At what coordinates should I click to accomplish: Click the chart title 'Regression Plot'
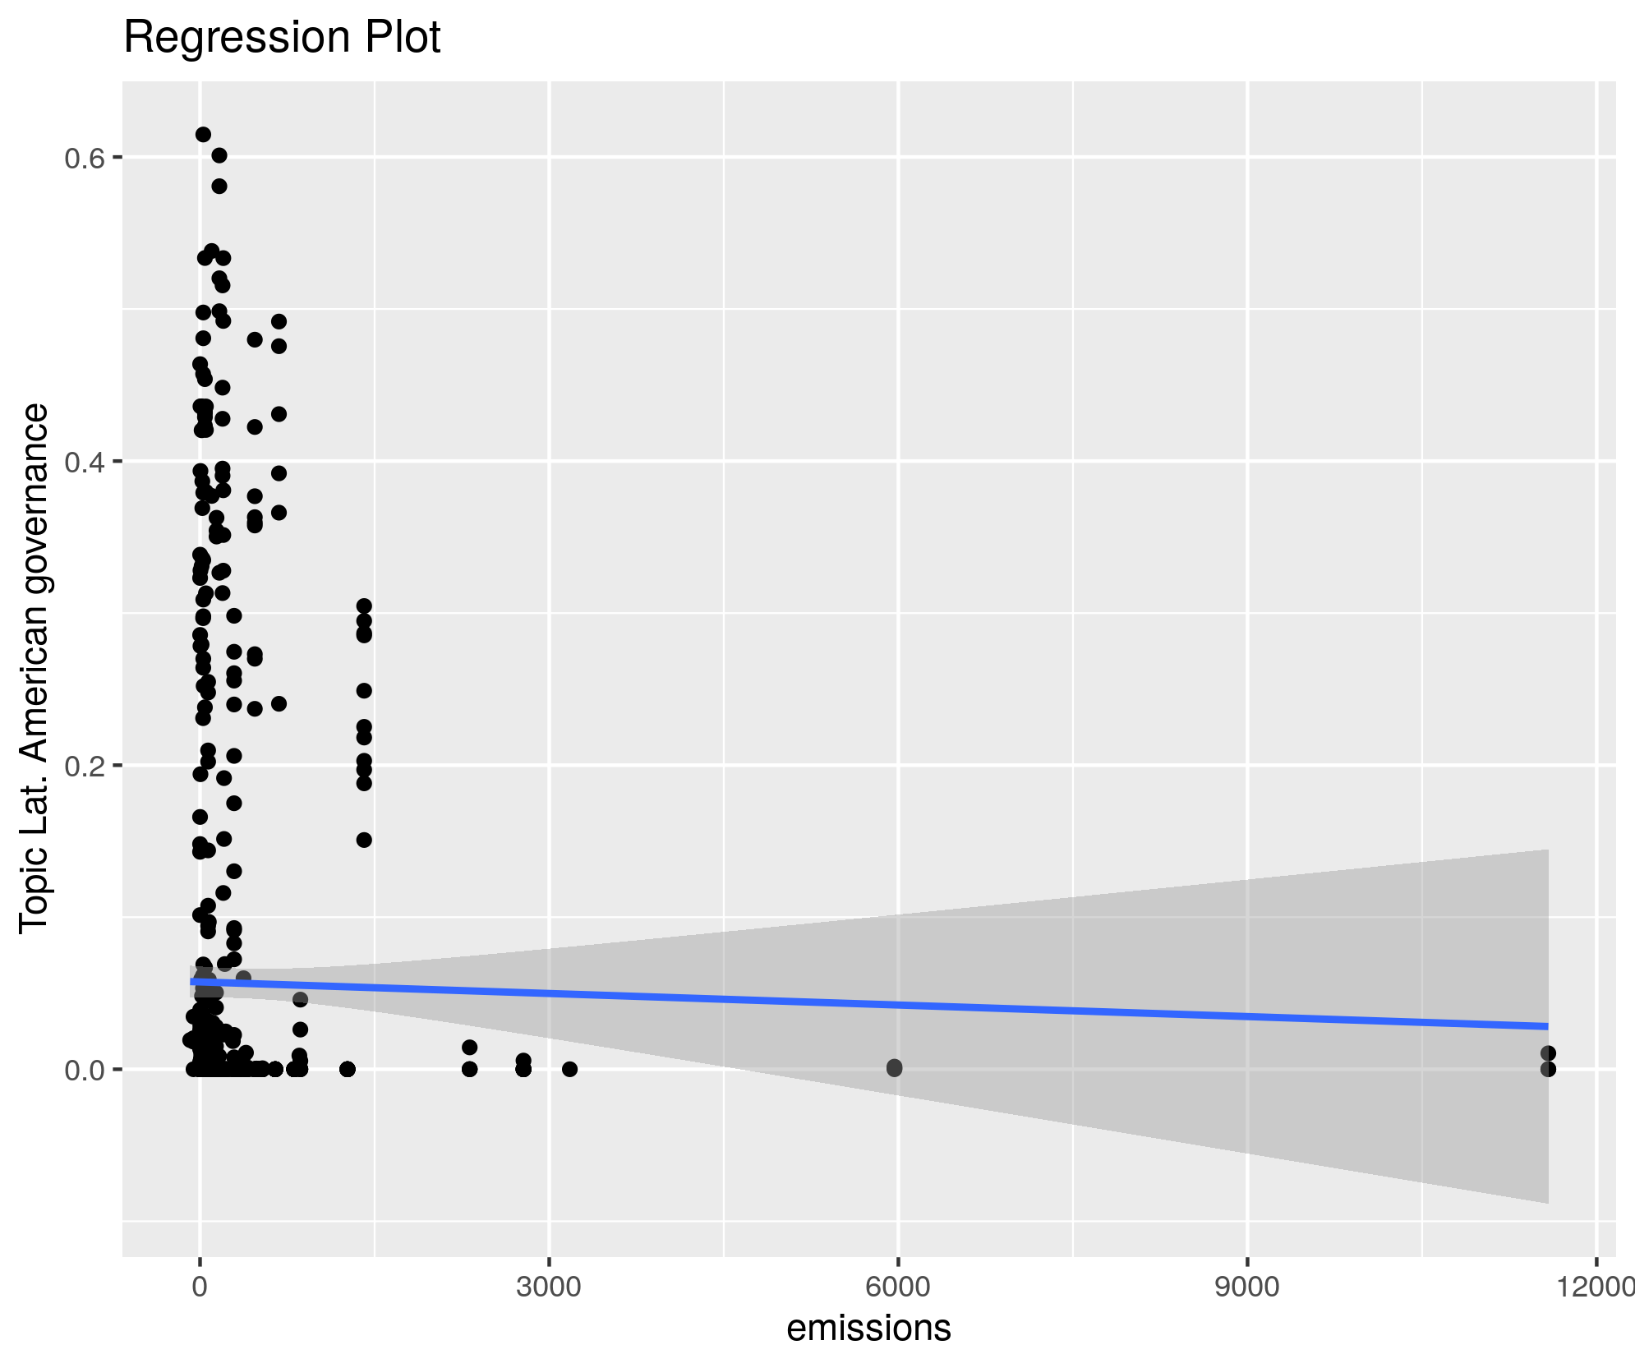coord(282,38)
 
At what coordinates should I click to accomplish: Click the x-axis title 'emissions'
coord(868,1328)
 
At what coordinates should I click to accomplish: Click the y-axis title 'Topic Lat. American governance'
coord(35,668)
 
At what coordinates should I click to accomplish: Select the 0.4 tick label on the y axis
coord(83,462)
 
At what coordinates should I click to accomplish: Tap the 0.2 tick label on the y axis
coord(83,766)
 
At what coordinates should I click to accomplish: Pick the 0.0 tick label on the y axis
coord(83,1070)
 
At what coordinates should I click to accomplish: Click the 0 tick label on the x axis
coord(200,1286)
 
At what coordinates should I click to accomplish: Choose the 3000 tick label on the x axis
coord(549,1286)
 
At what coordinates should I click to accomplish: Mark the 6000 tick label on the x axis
coord(898,1286)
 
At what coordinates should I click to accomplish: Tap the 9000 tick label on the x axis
coord(1247,1286)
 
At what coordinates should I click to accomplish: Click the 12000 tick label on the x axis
coord(1598,1286)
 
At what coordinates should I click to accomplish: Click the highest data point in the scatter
coord(203,135)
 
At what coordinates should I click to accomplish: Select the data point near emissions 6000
coord(894,1068)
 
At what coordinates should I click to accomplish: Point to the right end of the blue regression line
coord(1547,1026)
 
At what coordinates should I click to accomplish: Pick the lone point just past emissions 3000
coord(569,1069)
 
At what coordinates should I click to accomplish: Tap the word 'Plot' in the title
coord(404,38)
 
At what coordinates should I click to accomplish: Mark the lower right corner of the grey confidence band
coord(1547,1203)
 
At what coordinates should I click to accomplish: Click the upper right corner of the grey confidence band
coord(1547,850)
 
